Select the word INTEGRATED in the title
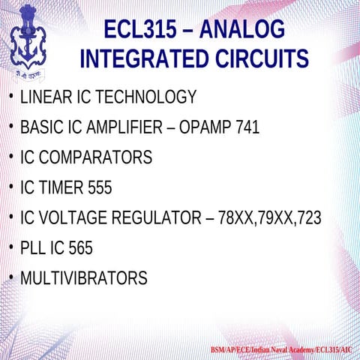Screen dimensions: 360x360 pyautogui.click(x=135, y=59)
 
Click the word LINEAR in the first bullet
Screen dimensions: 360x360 pyautogui.click(x=43, y=97)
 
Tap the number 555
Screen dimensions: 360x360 pyautogui.click(x=98, y=188)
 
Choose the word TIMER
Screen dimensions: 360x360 pyautogui.click(x=58, y=188)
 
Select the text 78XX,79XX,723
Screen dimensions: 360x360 pyautogui.click(x=269, y=218)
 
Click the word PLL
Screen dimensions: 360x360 pyautogui.click(x=34, y=248)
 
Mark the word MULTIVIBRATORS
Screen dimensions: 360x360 pyautogui.click(x=83, y=279)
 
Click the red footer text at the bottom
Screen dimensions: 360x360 pyautogui.click(x=283, y=350)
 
